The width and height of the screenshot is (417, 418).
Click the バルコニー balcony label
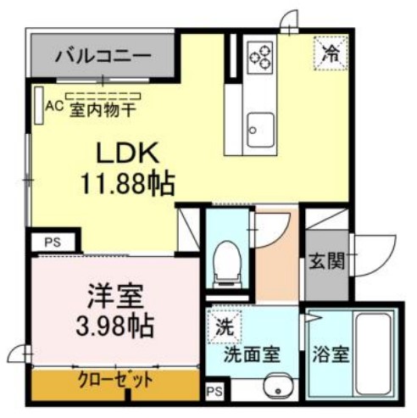(103, 57)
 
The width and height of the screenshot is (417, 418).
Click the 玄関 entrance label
(326, 261)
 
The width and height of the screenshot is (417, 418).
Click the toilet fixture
(227, 259)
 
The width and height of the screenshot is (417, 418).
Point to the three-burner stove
(260, 57)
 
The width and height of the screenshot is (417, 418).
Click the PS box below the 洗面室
(214, 392)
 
